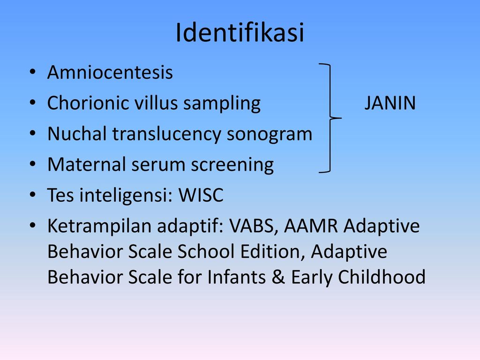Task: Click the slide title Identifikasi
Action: tap(240, 32)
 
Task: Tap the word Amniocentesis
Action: tap(110, 72)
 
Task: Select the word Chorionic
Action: tap(88, 103)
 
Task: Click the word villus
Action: tap(156, 103)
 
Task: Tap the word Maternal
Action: tap(87, 164)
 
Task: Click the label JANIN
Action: tap(390, 103)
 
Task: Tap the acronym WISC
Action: tap(201, 195)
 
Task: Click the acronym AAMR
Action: tap(311, 226)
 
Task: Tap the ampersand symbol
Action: tap(278, 277)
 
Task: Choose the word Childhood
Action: tap(382, 277)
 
